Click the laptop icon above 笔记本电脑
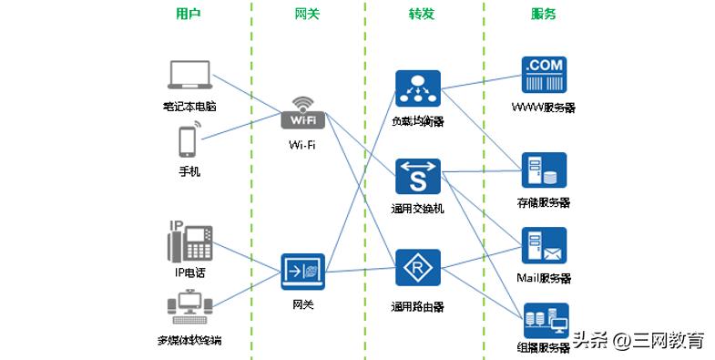coord(189,77)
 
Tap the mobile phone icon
coord(189,143)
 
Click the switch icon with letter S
coord(418,177)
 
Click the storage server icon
coord(544,170)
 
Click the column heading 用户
coord(189,14)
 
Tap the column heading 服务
coord(544,14)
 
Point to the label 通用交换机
coord(418,209)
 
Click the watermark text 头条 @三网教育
coord(638,341)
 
